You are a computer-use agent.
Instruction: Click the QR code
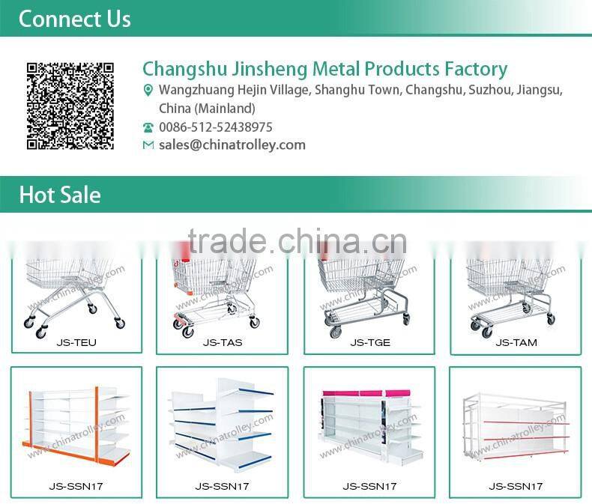70,106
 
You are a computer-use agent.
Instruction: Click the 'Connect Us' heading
74,19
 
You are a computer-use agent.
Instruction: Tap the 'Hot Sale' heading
60,195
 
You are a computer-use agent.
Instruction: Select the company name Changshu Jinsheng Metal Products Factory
324,70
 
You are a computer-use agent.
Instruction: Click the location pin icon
148,91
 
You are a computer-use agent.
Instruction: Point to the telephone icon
148,127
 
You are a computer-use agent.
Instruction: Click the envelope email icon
148,145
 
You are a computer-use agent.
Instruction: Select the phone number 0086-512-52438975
216,127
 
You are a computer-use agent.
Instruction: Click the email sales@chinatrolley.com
232,145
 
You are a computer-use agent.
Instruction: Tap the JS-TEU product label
76,343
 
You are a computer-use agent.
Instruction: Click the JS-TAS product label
223,343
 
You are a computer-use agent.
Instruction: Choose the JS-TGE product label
370,343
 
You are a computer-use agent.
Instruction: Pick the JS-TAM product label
516,343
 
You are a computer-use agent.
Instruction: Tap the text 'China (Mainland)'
208,109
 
